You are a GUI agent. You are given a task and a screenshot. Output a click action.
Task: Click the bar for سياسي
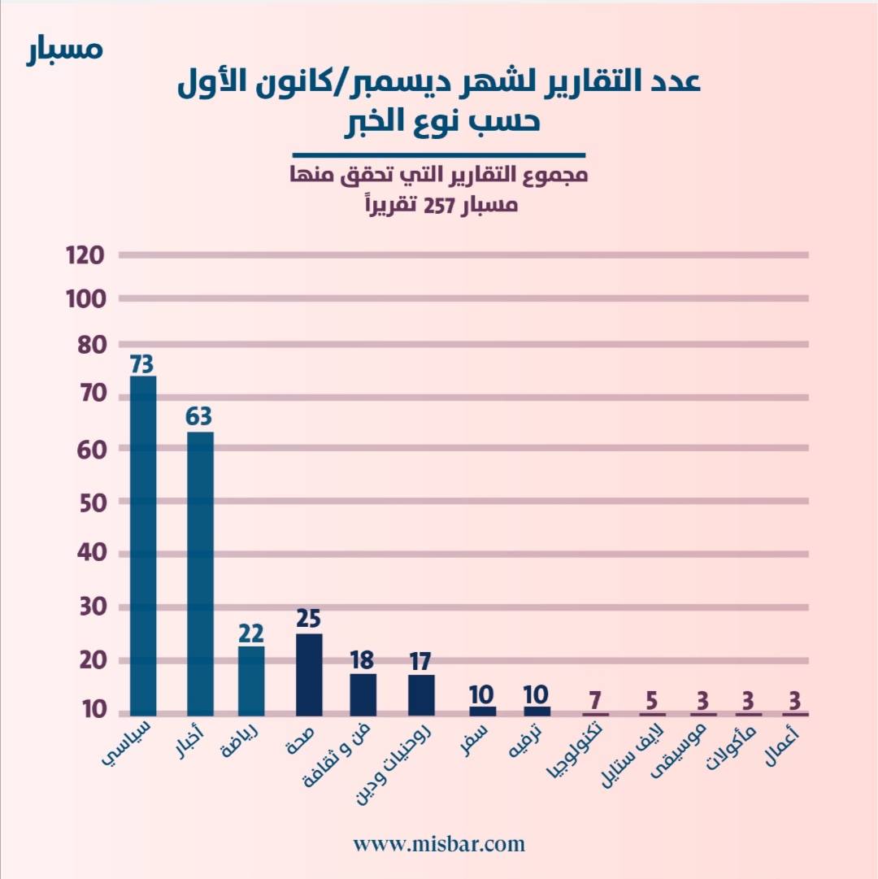[x=143, y=545]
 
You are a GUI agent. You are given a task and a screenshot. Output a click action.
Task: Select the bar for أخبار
[x=200, y=573]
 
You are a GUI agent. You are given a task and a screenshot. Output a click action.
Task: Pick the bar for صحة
[x=309, y=674]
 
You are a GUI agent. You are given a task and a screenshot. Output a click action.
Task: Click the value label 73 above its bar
[x=143, y=363]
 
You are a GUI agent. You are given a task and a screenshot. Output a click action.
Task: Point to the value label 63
[x=199, y=417]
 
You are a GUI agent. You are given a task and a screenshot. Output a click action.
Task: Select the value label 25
[x=310, y=620]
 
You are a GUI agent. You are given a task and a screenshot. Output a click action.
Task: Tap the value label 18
[x=363, y=659]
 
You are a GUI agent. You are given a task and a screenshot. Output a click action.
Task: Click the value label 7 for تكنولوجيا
[x=596, y=700]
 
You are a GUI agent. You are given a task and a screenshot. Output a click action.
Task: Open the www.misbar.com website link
[x=439, y=844]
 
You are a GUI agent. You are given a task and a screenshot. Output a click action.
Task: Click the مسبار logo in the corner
[x=64, y=49]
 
